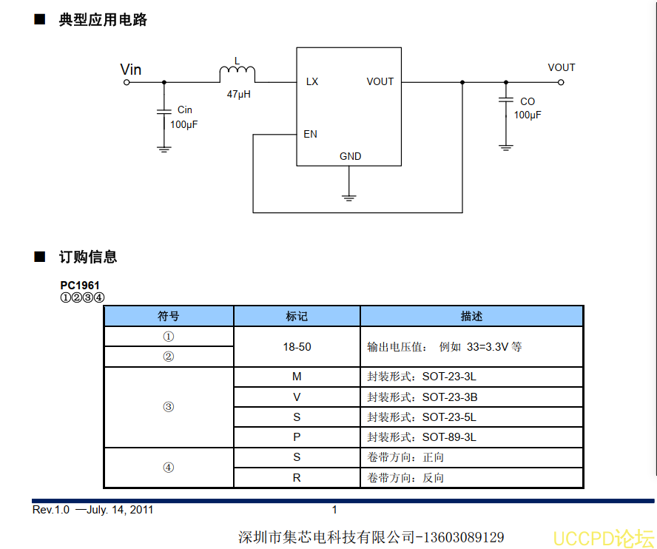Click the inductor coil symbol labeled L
[237, 74]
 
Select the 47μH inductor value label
[238, 95]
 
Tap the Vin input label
[131, 70]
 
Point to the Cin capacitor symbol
[164, 112]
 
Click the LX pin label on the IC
[312, 81]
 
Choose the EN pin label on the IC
[311, 134]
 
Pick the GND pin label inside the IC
[351, 156]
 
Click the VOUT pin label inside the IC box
[380, 81]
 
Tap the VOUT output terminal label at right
[562, 67]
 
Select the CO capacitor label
[528, 101]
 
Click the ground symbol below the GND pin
[349, 197]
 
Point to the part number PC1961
[80, 285]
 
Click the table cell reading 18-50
[297, 346]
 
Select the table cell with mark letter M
[297, 377]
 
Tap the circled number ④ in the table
[169, 468]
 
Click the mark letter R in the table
[297, 478]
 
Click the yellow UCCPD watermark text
[604, 538]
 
